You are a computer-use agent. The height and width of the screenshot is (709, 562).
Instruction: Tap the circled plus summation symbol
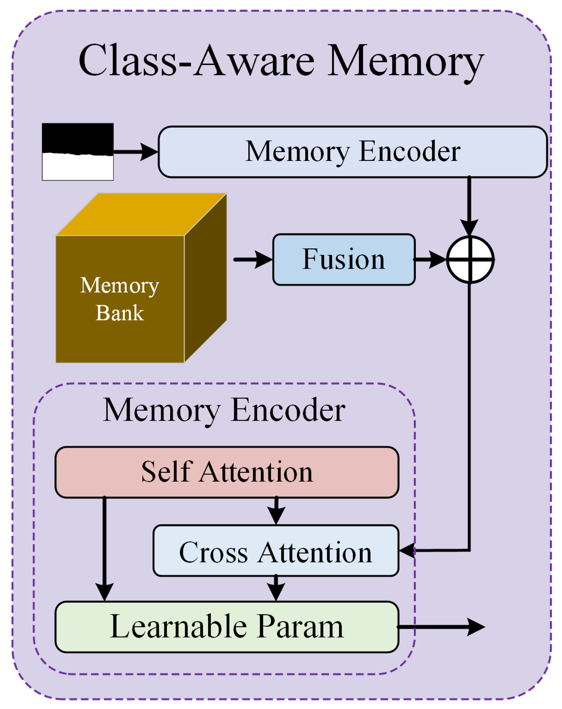(x=470, y=260)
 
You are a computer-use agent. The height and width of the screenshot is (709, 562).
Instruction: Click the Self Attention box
(x=227, y=472)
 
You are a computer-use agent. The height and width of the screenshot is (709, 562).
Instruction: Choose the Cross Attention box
(x=276, y=551)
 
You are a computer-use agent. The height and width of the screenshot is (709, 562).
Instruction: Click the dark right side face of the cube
(x=205, y=278)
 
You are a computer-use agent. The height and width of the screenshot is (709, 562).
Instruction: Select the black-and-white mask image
(x=78, y=152)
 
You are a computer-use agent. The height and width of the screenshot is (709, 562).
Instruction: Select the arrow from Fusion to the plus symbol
(x=430, y=260)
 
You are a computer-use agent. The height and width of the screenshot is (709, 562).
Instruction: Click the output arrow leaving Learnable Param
(x=441, y=627)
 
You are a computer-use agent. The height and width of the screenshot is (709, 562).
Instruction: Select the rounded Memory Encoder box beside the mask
(x=352, y=152)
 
